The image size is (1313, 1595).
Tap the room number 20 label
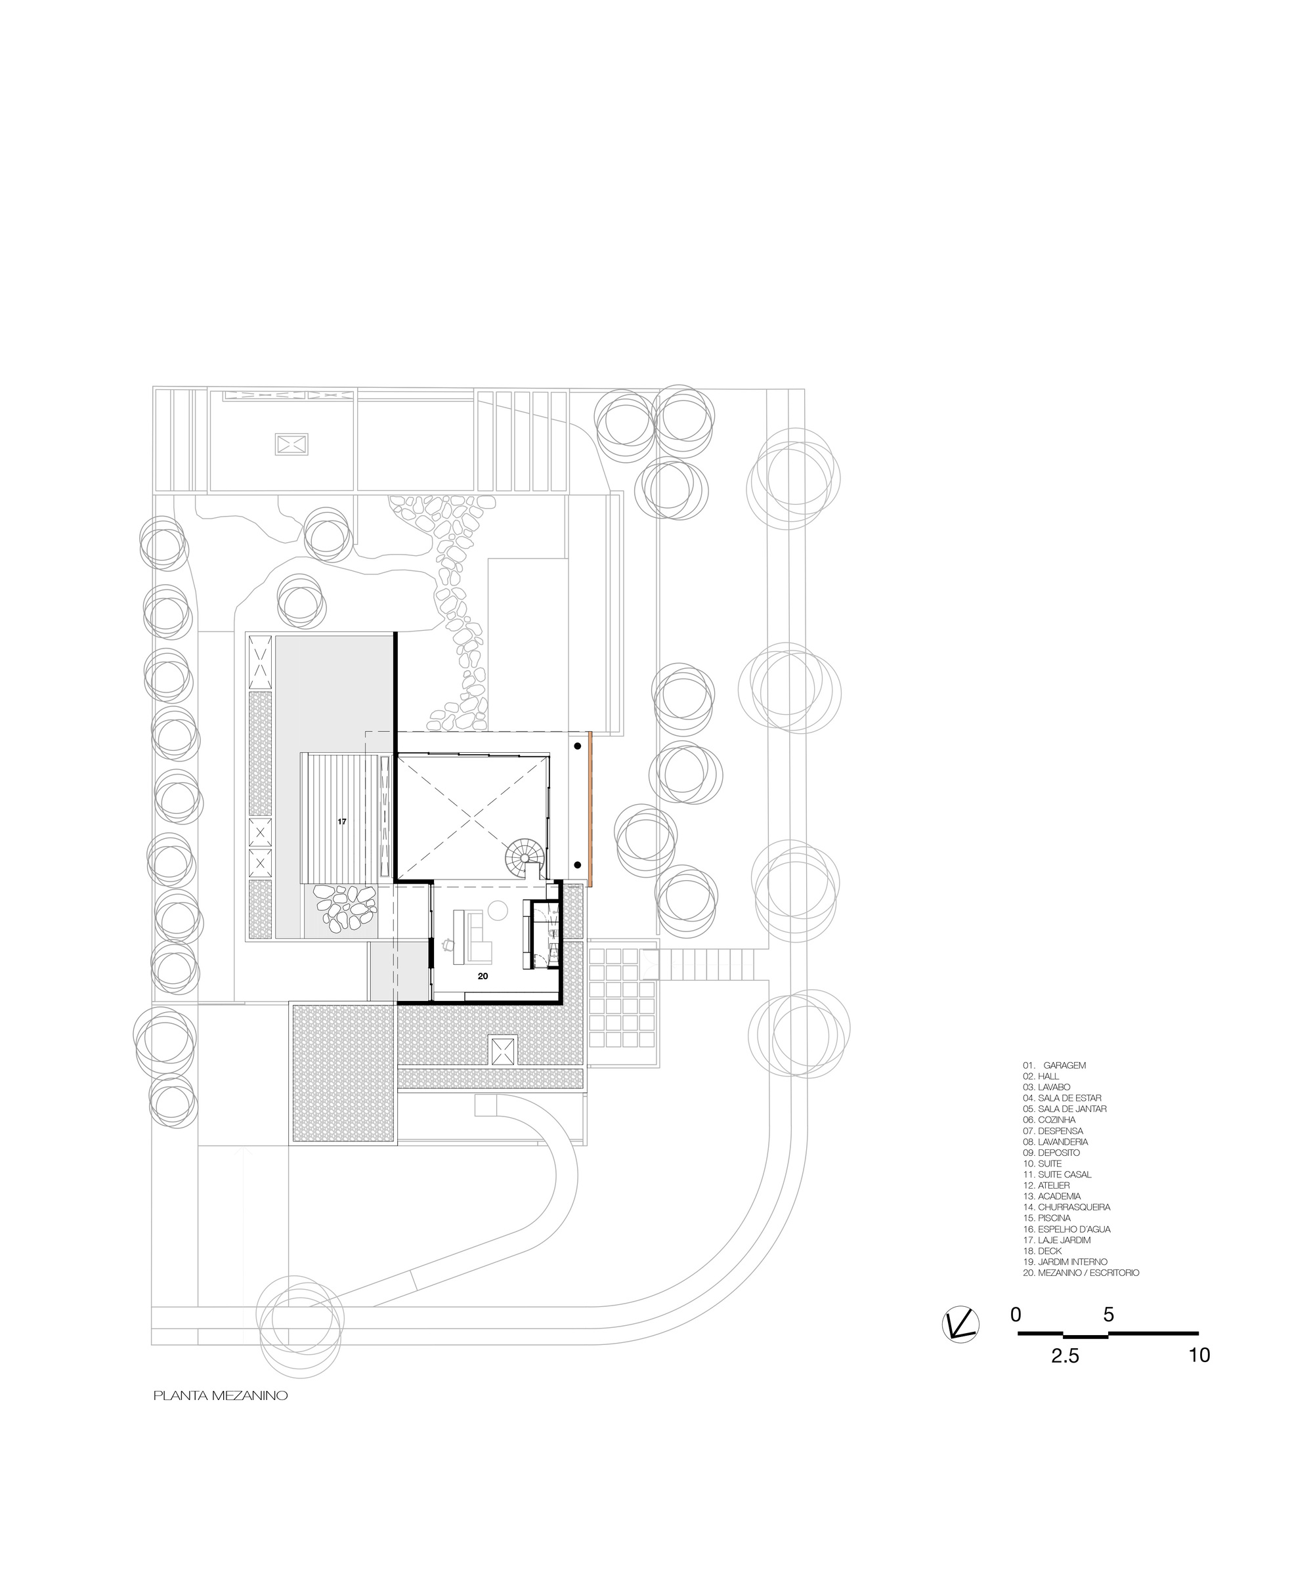[483, 976]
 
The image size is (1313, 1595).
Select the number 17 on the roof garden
[342, 821]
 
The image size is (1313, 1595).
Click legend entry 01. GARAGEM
[1054, 1065]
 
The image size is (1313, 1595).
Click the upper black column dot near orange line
[577, 746]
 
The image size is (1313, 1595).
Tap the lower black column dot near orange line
[577, 864]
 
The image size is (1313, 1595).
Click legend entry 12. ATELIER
[1046, 1186]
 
